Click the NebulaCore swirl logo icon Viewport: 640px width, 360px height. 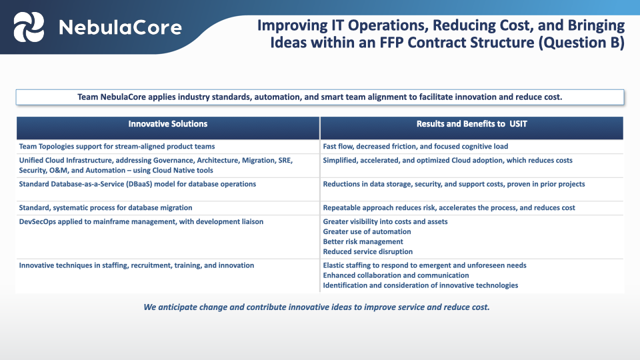coord(29,27)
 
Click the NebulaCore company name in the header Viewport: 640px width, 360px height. coord(120,27)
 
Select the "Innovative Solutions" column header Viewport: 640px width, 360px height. coord(167,124)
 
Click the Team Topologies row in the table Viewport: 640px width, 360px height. coord(117,146)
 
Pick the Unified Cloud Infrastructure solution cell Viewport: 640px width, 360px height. coord(155,165)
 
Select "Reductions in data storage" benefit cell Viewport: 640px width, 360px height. coord(453,184)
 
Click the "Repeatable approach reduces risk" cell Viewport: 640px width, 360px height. coord(449,208)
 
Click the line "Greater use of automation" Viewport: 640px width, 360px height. coord(367,231)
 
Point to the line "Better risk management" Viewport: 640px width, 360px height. coord(363,241)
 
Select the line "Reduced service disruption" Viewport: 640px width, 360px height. coord(367,251)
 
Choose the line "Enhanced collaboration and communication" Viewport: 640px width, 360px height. coord(395,275)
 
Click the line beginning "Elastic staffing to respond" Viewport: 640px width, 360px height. coord(424,265)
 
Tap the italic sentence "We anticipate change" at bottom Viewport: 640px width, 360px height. coord(317,307)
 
